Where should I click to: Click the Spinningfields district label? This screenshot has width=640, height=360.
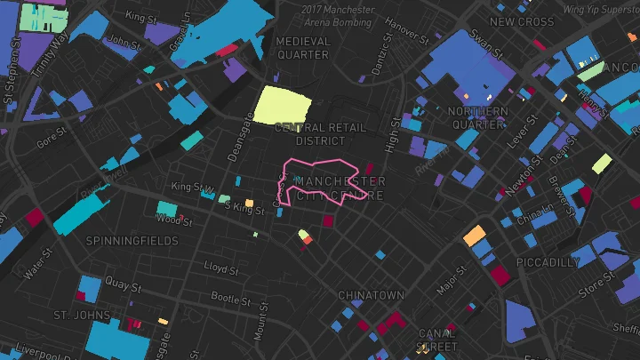[x=132, y=241]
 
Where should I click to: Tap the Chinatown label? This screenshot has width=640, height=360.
[x=371, y=295]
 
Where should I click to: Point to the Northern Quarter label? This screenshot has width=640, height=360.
[x=477, y=117]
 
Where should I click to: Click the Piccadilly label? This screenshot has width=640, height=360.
[x=548, y=262]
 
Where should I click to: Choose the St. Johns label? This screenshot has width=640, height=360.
[x=82, y=316]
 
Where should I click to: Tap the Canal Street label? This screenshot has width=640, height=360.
[x=437, y=340]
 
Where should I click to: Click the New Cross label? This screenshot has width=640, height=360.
[x=522, y=22]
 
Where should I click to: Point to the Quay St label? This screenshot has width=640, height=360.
[x=124, y=285]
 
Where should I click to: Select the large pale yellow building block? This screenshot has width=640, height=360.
[x=284, y=106]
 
